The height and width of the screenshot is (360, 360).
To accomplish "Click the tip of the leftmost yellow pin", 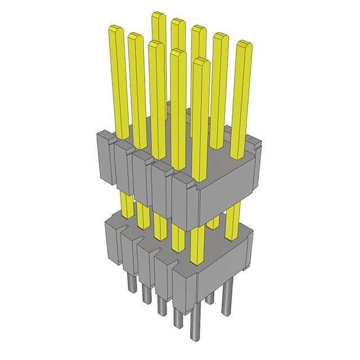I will tap(116, 29).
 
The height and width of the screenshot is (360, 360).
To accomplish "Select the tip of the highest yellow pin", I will tap(158, 16).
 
